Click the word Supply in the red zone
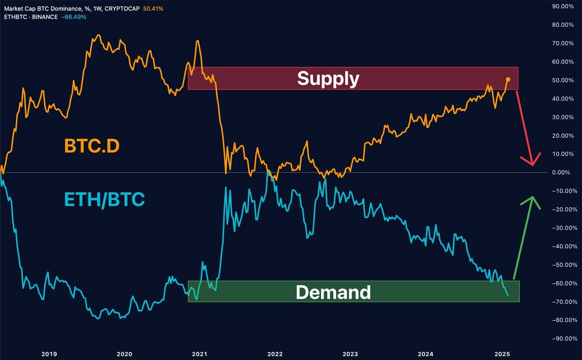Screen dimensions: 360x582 (x=328, y=78)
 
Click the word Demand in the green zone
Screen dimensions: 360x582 (x=333, y=292)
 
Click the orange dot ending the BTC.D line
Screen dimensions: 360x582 (x=508, y=79)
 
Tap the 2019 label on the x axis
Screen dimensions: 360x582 (x=49, y=354)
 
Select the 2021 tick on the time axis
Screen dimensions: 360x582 (x=200, y=354)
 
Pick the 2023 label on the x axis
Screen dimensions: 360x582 (x=350, y=354)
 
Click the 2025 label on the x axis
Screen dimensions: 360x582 (x=501, y=354)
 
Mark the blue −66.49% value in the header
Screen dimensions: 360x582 (x=73, y=16)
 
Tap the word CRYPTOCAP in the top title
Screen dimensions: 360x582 (x=124, y=9)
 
